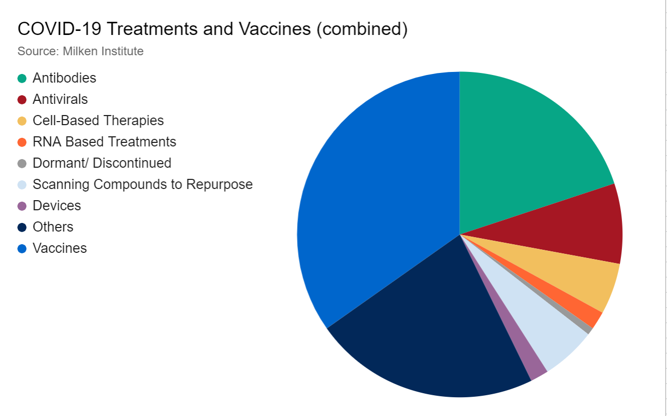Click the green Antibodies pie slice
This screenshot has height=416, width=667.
[x=521, y=152]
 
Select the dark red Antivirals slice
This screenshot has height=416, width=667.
[x=582, y=228]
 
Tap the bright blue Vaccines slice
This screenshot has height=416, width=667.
[x=374, y=203]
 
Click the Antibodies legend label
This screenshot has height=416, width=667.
[x=64, y=78]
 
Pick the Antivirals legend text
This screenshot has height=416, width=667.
[x=60, y=99]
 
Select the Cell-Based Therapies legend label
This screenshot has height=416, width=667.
[x=98, y=121]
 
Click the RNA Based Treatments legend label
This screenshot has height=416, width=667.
[x=104, y=142]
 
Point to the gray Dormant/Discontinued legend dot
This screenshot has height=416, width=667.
[x=22, y=163]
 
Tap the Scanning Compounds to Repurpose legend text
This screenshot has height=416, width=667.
[x=142, y=184]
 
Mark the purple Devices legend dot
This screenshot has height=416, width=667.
[x=22, y=206]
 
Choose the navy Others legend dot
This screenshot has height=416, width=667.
[x=22, y=227]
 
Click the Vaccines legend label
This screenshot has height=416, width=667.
[x=60, y=248]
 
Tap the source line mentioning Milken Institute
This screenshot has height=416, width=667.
[x=80, y=51]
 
